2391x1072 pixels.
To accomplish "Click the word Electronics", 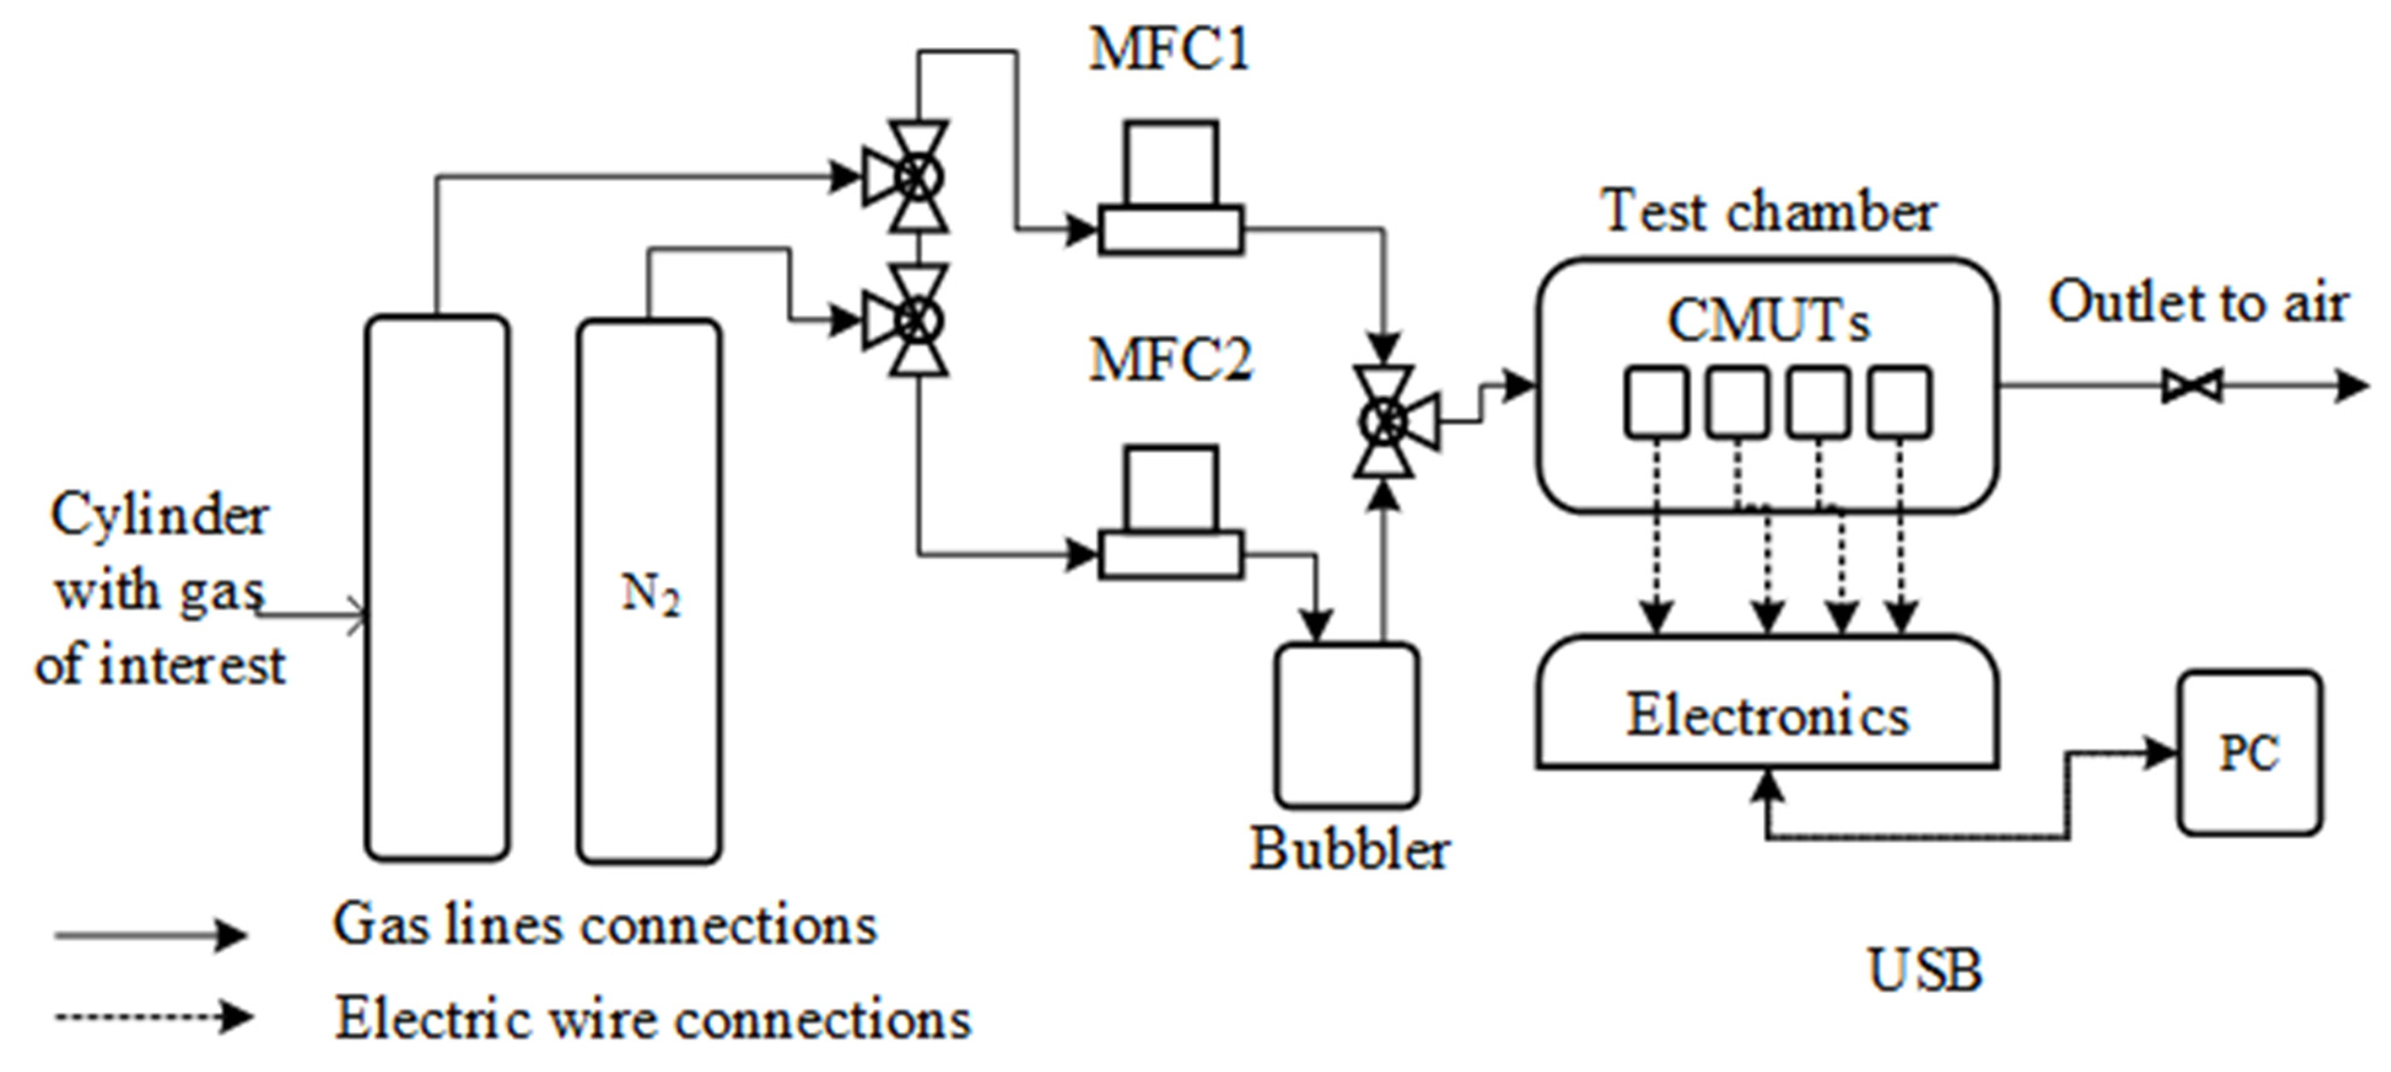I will click(x=1767, y=717).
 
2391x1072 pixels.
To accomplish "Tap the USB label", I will click(x=1924, y=971).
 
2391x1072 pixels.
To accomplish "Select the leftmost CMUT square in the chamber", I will click(x=1656, y=402).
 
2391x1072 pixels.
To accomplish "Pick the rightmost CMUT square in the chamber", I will click(x=1900, y=402).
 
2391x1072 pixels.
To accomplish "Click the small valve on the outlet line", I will click(x=2192, y=385).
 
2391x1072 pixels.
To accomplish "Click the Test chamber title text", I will click(x=1768, y=212).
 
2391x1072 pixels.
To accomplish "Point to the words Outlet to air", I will click(x=2198, y=303).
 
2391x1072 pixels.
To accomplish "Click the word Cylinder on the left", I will click(x=160, y=515).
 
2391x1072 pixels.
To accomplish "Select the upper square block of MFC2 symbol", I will click(x=1171, y=489).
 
